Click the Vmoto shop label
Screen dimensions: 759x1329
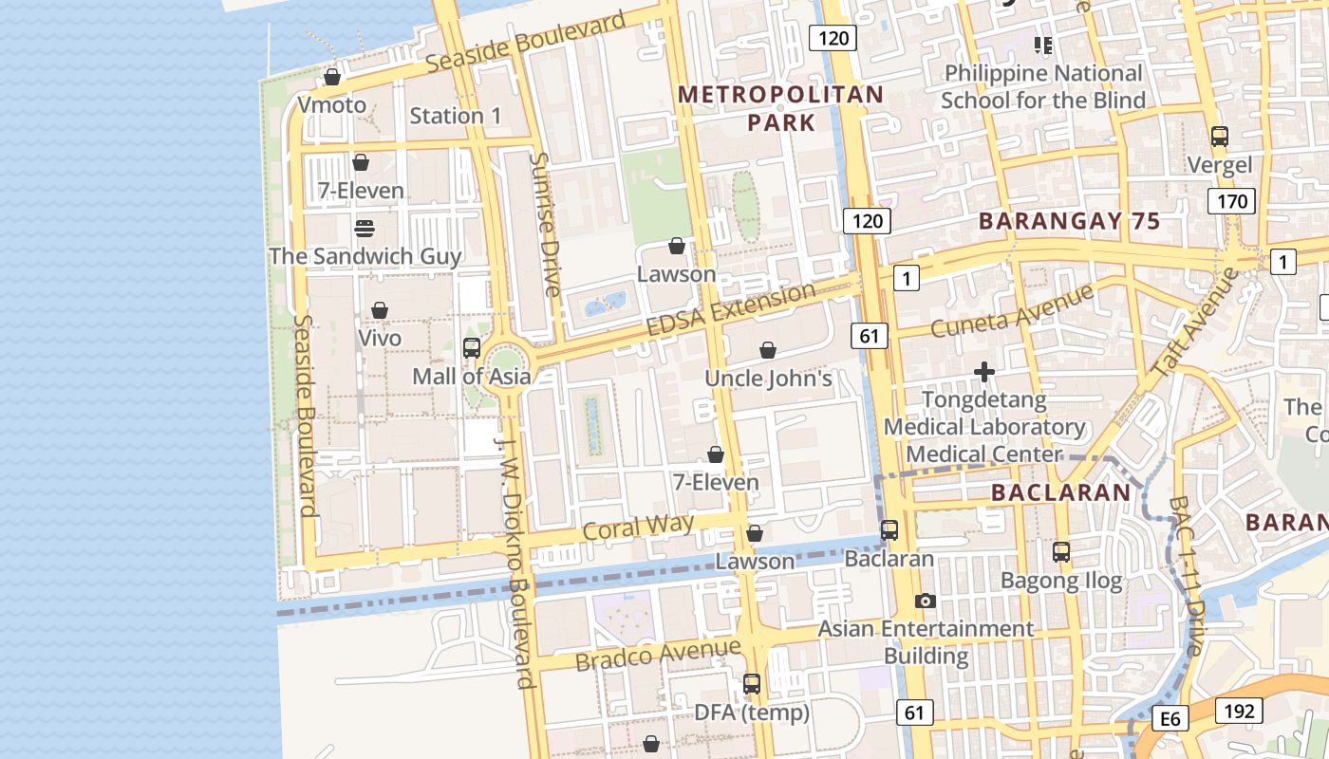pyautogui.click(x=331, y=104)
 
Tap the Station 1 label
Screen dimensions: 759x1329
pyautogui.click(x=456, y=116)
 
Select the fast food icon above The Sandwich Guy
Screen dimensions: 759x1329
pyautogui.click(x=365, y=229)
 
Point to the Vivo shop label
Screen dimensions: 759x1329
pyautogui.click(x=380, y=338)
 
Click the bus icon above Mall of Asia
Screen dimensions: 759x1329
pyautogui.click(x=472, y=348)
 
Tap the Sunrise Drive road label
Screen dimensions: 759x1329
pyautogui.click(x=547, y=224)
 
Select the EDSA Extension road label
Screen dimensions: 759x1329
pyautogui.click(x=730, y=308)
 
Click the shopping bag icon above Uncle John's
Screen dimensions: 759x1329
pyautogui.click(x=768, y=351)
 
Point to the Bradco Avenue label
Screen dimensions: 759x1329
pyautogui.click(x=658, y=654)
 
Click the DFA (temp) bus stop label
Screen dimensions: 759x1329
pyautogui.click(x=752, y=712)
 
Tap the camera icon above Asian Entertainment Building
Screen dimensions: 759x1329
pyautogui.click(x=926, y=601)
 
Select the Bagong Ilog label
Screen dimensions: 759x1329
pyautogui.click(x=1061, y=580)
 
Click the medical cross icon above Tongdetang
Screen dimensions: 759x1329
pyautogui.click(x=984, y=372)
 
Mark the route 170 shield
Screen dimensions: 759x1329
pyautogui.click(x=1232, y=201)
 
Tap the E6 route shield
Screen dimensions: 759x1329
pyautogui.click(x=1170, y=719)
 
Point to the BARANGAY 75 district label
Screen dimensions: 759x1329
pyautogui.click(x=1069, y=221)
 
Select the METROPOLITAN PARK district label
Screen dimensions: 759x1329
pyautogui.click(x=781, y=108)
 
